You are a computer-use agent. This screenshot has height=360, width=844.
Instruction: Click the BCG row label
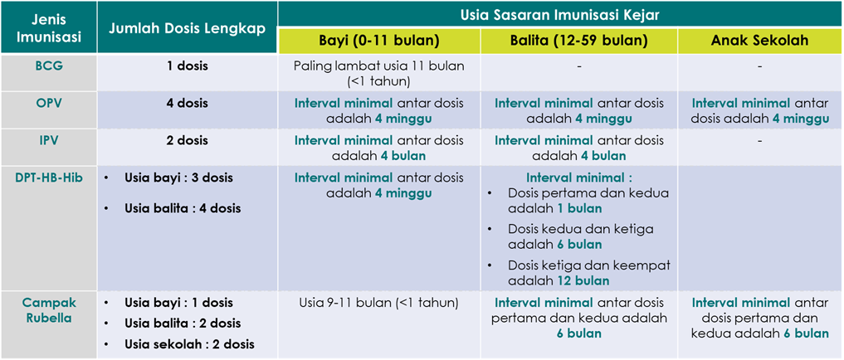(x=48, y=66)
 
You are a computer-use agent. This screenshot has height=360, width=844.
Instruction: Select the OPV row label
(x=48, y=103)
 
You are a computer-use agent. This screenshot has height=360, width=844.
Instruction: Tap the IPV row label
(x=48, y=140)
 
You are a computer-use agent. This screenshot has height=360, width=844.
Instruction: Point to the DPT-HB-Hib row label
(x=48, y=178)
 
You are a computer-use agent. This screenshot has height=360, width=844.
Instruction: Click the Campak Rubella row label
(x=48, y=309)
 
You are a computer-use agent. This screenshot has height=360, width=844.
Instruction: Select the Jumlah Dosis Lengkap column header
(x=188, y=29)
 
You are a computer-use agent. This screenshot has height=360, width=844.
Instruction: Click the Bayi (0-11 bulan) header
(x=379, y=41)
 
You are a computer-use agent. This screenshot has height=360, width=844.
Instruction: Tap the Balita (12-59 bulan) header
(x=578, y=41)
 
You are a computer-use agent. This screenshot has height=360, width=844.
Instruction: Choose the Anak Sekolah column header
(x=759, y=41)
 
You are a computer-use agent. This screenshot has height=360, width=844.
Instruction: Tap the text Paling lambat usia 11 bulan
(x=378, y=66)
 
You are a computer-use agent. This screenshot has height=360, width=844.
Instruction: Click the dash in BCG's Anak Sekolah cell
(x=759, y=66)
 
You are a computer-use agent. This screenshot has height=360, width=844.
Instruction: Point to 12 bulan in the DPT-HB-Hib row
(x=584, y=280)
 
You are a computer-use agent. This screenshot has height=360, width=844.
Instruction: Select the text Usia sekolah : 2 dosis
(x=189, y=344)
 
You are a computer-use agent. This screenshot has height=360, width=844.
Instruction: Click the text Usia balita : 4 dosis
(x=183, y=208)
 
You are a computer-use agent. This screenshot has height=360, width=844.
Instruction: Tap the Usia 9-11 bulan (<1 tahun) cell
(x=378, y=303)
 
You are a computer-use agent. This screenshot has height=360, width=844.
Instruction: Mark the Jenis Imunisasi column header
(x=48, y=29)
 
